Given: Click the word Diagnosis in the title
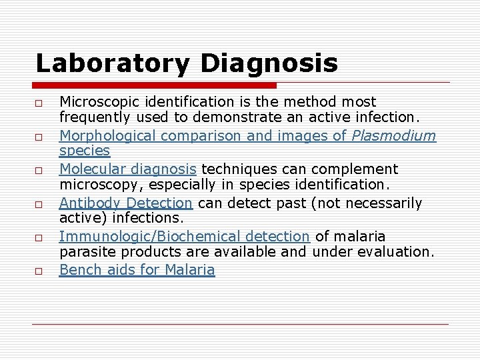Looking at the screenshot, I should (269, 63).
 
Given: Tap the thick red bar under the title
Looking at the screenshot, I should (155, 86).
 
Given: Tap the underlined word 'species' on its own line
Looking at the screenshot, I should (85, 151).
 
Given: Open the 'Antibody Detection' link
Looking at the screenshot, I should (126, 203).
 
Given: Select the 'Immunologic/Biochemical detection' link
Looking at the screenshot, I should (184, 236).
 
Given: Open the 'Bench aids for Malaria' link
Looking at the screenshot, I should (137, 269).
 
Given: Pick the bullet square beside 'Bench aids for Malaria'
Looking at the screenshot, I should (40, 271).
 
